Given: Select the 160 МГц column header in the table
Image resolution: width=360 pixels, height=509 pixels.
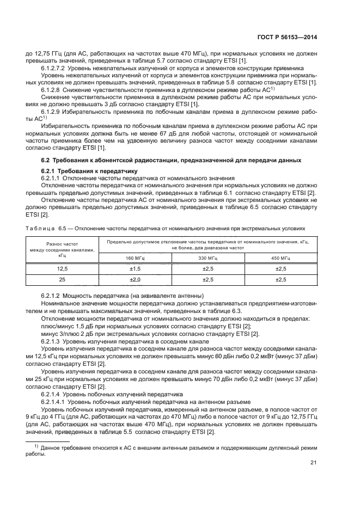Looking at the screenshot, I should point(132,257).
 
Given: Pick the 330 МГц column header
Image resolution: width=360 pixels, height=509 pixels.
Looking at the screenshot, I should point(207,257).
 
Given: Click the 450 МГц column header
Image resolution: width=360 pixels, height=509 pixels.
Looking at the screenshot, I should point(282,257).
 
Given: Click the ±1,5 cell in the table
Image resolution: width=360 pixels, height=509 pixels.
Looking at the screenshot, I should point(132,269).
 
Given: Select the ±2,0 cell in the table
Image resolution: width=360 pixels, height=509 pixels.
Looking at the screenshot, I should point(132,280).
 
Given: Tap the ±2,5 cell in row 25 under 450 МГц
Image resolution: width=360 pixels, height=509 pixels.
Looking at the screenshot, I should point(282,280).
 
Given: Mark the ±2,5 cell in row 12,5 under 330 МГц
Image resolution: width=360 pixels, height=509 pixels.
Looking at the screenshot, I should point(207,269).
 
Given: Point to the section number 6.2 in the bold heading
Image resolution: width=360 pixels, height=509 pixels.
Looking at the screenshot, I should point(46,160).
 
